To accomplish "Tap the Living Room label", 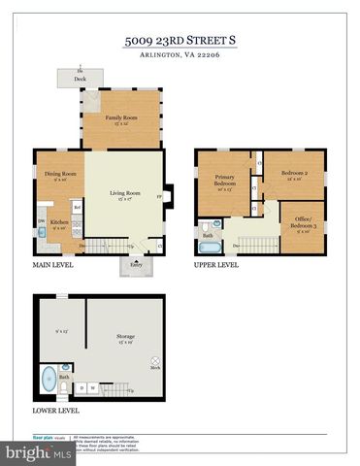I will click(125, 195).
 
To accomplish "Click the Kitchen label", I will click(58, 224).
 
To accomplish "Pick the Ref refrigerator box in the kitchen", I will click(77, 207).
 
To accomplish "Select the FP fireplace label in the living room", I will click(158, 195).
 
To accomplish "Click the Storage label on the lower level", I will click(125, 340).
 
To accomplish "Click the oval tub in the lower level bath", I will click(49, 377).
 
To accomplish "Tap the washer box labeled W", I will click(93, 388).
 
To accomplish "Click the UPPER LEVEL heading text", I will click(216, 263).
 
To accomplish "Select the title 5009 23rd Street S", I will click(180, 41).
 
